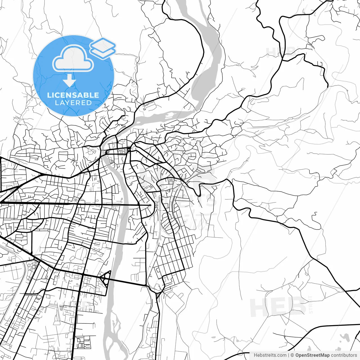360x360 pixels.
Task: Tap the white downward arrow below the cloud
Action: (69, 81)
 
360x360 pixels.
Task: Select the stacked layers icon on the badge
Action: (103, 48)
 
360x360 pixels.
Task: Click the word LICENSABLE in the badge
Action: (73, 95)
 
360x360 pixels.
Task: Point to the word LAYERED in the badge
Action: (73, 103)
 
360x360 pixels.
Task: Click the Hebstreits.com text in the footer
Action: (270, 355)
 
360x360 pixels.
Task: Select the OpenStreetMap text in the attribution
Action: (312, 355)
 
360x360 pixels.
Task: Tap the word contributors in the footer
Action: (344, 355)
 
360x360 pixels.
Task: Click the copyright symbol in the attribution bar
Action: (292, 355)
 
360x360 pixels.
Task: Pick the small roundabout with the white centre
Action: (129, 150)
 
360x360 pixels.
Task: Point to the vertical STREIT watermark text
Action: (311, 305)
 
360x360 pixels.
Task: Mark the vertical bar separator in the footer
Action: (289, 355)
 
